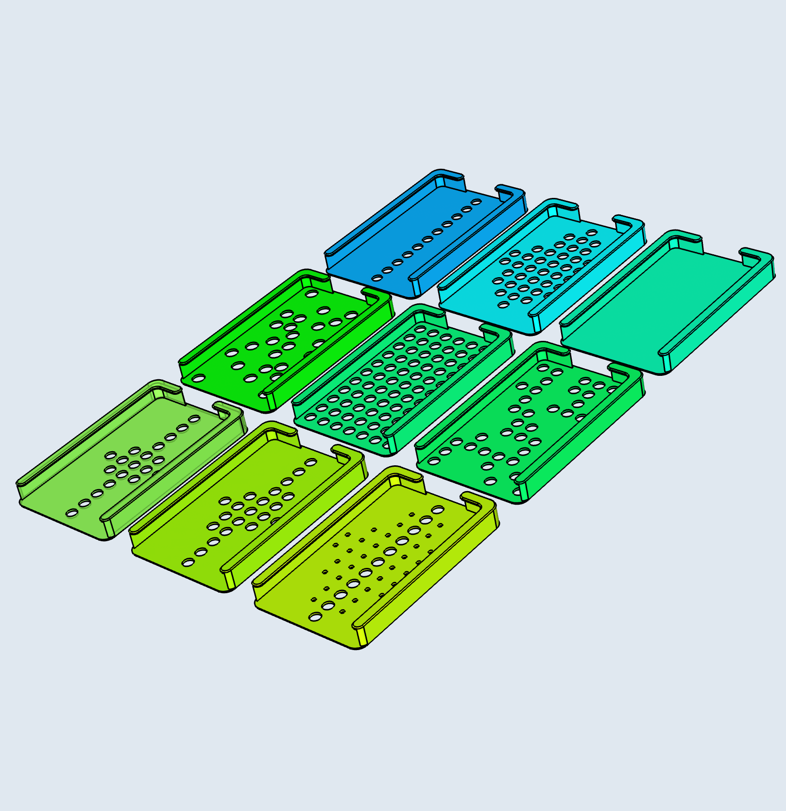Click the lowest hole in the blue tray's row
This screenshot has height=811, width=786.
click(x=376, y=278)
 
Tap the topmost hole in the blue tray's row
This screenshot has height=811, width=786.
click(x=477, y=202)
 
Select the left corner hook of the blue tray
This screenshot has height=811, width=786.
click(x=449, y=177)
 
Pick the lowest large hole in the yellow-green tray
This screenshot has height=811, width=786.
click(x=315, y=617)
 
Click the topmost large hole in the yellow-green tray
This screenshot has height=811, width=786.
click(x=438, y=510)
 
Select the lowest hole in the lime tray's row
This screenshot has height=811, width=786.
click(x=188, y=563)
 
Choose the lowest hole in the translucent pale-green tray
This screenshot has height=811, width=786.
click(x=72, y=512)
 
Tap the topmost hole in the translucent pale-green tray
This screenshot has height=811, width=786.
click(x=194, y=419)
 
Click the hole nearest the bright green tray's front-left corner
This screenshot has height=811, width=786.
click(x=198, y=378)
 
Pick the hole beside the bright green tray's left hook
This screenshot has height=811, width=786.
click(x=311, y=293)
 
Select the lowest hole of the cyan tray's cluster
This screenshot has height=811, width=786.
click(x=504, y=305)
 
